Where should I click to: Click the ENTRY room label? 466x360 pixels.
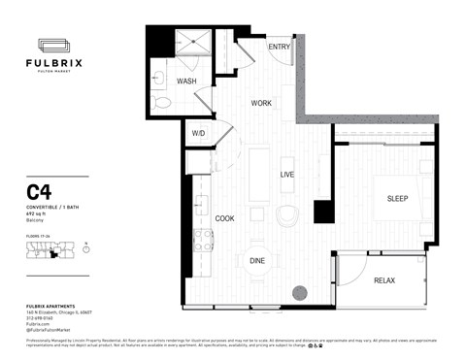[x=280, y=47]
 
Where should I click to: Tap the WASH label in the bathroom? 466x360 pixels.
[x=186, y=82]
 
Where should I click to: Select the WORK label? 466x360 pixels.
[x=261, y=102]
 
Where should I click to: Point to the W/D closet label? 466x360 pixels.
[x=198, y=133]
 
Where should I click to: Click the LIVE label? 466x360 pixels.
[x=286, y=175]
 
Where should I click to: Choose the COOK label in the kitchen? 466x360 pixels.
[x=224, y=218]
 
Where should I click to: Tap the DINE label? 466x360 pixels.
[x=257, y=260]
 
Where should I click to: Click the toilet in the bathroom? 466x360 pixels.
[x=162, y=100]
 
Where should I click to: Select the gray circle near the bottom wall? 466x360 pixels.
[x=300, y=290]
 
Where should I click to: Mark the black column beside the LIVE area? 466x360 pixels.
[x=322, y=212]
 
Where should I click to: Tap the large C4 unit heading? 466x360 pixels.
[x=39, y=192]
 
